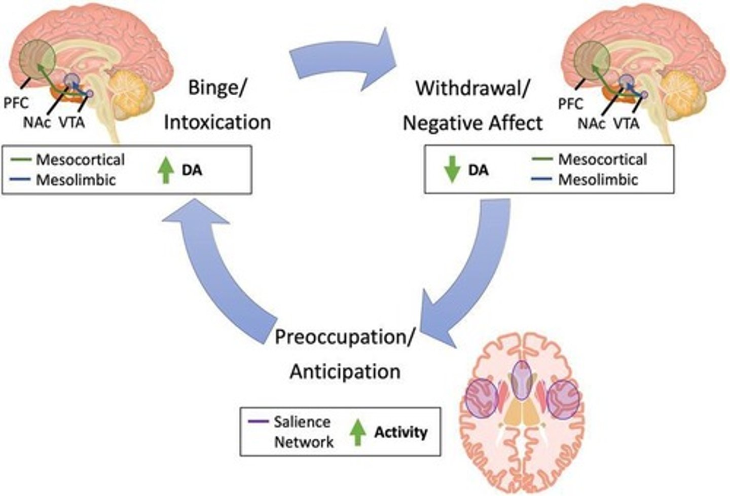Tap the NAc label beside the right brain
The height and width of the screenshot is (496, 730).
pyautogui.click(x=591, y=123)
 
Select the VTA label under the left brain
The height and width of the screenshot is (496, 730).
pyautogui.click(x=72, y=123)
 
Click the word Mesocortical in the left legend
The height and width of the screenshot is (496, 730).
pyautogui.click(x=80, y=160)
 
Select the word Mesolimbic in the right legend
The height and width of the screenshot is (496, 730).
pyautogui.click(x=598, y=180)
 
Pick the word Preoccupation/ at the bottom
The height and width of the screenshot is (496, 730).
pyautogui.click(x=345, y=337)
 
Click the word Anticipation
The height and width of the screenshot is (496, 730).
pyautogui.click(x=345, y=371)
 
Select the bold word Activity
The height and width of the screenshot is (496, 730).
pyautogui.click(x=400, y=432)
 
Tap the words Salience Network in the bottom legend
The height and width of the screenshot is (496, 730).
pyautogui.click(x=303, y=432)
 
